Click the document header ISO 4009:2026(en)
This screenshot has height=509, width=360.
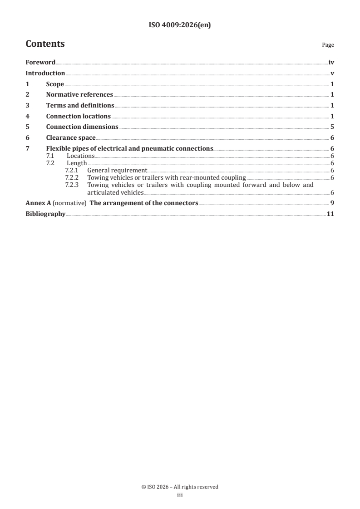pos(180,25)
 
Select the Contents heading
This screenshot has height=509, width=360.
pos(45,44)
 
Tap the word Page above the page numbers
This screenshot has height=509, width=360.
pos(328,45)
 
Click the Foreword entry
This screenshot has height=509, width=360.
pos(40,63)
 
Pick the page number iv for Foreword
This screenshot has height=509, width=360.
pos(331,63)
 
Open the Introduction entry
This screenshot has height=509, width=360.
pos(45,73)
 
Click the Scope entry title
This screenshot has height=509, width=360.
pos(55,84)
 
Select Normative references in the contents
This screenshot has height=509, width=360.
pos(79,95)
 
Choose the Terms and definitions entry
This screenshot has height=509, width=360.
pos(80,106)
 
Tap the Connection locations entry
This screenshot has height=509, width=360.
pos(78,116)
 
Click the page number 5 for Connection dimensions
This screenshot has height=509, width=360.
pos(332,127)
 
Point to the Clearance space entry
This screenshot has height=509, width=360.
pos(71,138)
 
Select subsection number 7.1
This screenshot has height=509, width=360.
pos(50,156)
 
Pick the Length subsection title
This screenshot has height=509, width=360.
pos(77,163)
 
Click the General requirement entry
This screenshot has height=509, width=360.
pos(117,170)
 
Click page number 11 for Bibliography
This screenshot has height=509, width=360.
pos(330,214)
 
